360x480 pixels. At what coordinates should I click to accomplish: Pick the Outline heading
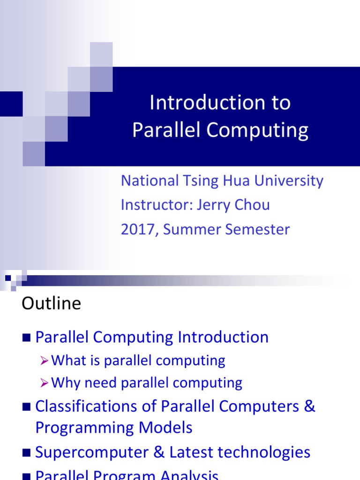[51, 304]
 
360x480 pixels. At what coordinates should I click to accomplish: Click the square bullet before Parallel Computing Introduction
[26, 337]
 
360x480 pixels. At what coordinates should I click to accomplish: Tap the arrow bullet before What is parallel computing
[45, 361]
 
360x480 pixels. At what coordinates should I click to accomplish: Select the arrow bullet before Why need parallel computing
[45, 383]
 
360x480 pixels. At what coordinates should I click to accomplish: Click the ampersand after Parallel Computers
[309, 406]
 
